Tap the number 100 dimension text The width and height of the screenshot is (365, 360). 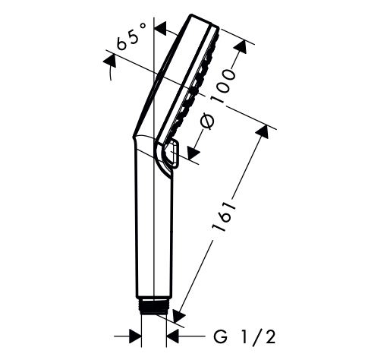pos(224,86)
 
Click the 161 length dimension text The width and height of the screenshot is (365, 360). pos(225,216)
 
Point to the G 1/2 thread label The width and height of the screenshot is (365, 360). pos(244,336)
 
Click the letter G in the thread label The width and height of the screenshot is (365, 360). pos(220,336)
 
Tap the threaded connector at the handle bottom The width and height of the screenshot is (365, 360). pos(153,306)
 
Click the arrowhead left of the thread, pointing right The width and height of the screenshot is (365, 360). pos(135,336)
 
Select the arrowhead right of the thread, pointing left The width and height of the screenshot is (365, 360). pos(172,336)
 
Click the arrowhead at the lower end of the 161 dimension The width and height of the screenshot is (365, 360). pos(179,315)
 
